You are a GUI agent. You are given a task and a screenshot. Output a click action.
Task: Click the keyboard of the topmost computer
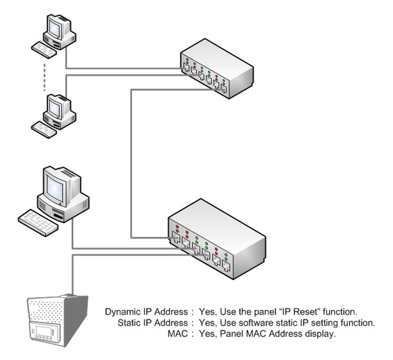pos(44,50)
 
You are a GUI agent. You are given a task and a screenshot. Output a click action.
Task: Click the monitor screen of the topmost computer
pos(54,27)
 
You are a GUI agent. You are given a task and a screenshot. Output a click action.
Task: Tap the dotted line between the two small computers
pos(45,77)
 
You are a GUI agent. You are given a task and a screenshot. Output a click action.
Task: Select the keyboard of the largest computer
pos(38,223)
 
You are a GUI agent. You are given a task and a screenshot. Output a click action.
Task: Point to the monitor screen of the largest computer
pos(54,187)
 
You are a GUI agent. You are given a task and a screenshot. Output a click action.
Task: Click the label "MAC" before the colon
pos(177,334)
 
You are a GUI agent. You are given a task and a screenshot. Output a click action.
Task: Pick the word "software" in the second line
pos(256,323)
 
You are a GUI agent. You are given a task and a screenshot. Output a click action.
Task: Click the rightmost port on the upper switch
pos(224,89)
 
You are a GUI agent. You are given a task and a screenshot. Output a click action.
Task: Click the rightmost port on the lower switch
pos(226,266)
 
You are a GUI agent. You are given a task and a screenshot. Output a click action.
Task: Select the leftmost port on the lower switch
pos(176,237)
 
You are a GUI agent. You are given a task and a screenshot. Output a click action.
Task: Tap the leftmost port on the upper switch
pos(186,68)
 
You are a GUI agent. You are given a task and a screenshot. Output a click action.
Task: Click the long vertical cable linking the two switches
pos(131,164)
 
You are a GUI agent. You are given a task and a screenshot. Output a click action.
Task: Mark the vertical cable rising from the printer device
pos(72,275)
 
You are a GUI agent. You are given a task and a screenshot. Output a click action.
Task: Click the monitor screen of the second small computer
pos(54,108)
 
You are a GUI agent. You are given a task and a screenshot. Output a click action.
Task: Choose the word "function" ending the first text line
pos(340,311)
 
